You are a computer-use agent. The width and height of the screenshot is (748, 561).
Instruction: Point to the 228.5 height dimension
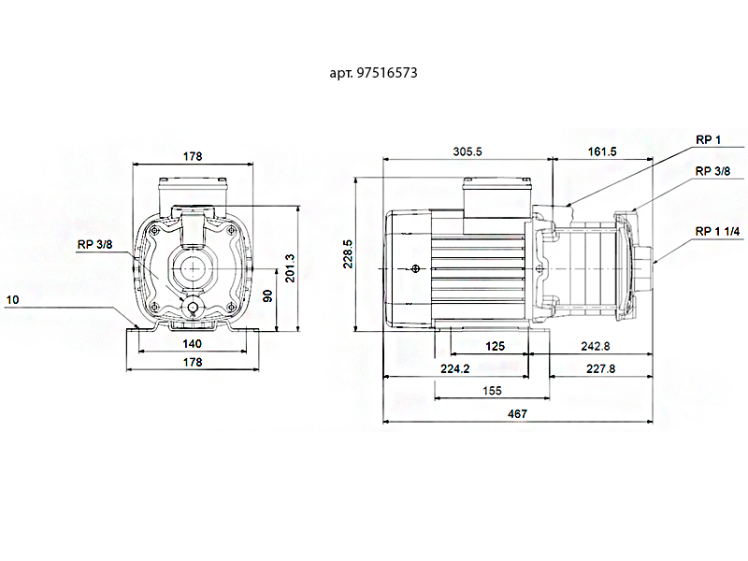[348, 252]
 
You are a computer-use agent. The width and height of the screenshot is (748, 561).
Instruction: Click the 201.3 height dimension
[290, 267]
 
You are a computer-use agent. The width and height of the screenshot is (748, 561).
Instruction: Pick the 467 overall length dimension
[517, 413]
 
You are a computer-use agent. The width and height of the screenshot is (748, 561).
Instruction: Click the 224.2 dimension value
[454, 369]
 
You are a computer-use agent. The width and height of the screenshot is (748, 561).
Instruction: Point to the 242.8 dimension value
[595, 346]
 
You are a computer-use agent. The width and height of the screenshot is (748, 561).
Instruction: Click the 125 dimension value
[496, 346]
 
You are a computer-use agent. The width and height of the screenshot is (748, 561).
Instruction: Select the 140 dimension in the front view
[192, 343]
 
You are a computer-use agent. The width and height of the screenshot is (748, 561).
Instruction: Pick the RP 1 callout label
[708, 140]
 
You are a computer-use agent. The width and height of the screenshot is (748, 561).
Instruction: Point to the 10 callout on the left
[11, 300]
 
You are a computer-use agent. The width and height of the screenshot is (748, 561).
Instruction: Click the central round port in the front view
[193, 267]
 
